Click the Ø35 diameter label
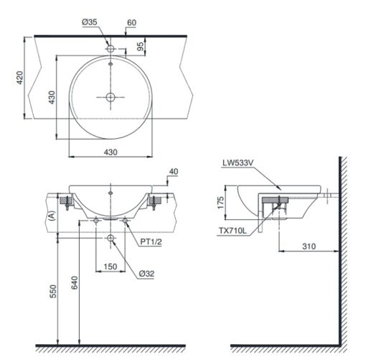(x=90, y=22)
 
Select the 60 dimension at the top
(x=131, y=23)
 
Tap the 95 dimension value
(x=141, y=46)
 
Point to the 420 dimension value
(x=19, y=78)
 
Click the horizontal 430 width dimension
(x=111, y=152)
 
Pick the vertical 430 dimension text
(x=52, y=97)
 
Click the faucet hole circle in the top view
(x=111, y=49)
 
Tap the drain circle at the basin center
(x=111, y=97)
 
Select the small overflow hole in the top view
(x=111, y=64)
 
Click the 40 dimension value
(x=174, y=172)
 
